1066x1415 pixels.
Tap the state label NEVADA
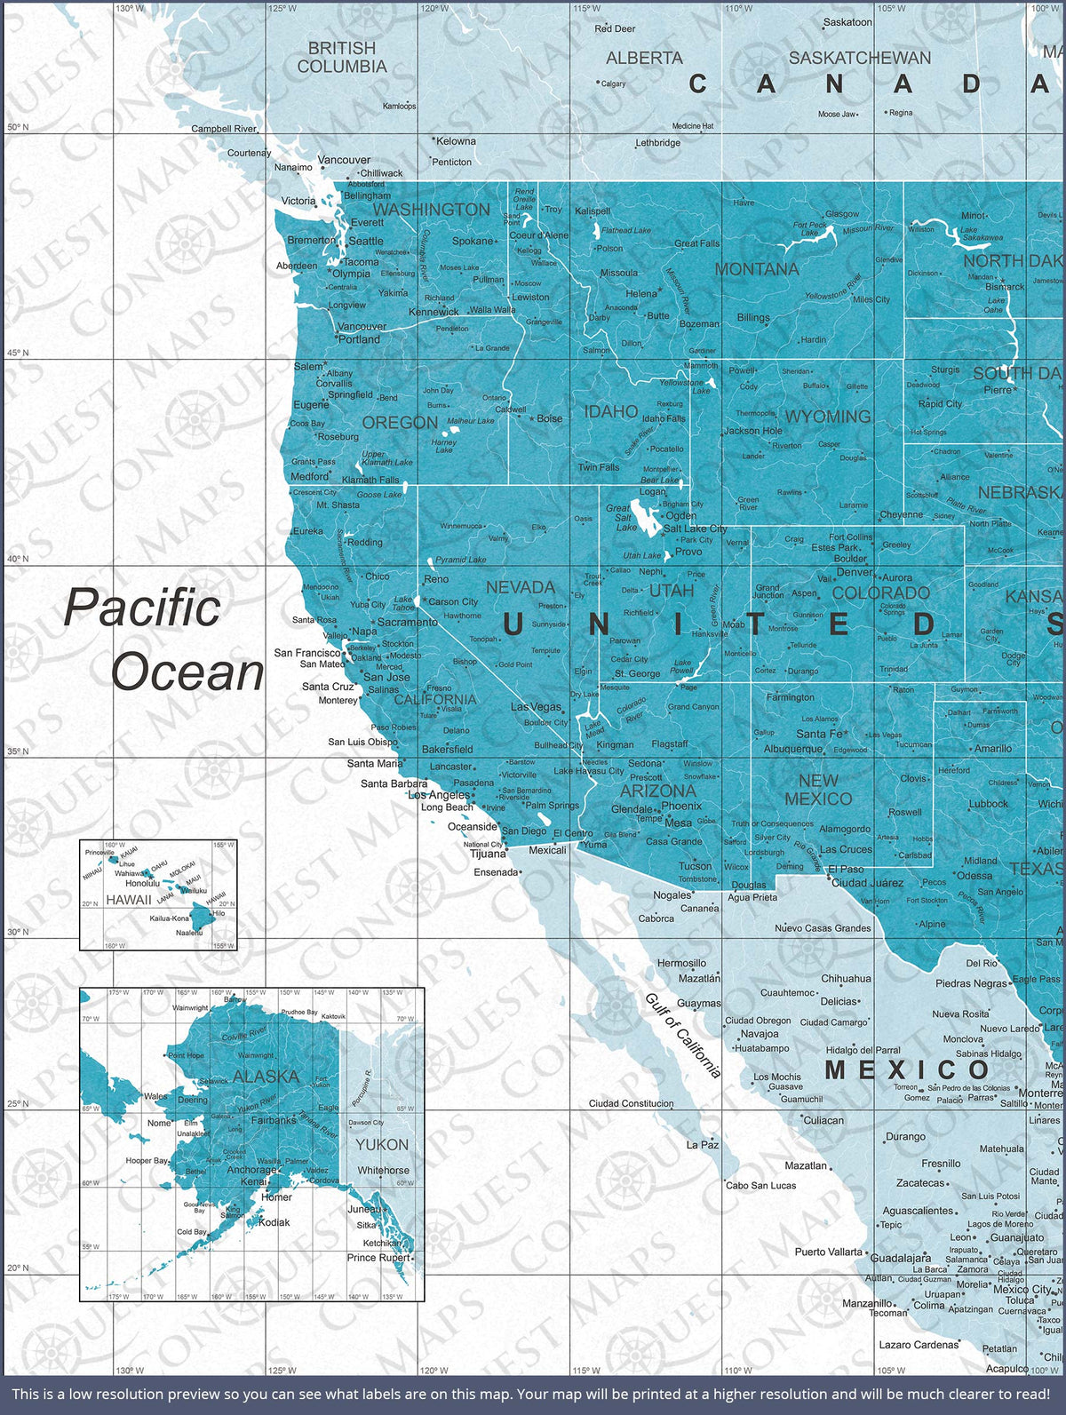(521, 588)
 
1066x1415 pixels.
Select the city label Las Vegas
(537, 707)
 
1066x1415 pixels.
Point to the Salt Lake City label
(696, 529)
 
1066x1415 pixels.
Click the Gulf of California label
(682, 1036)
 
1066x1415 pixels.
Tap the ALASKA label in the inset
(266, 1076)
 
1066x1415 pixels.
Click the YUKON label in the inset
(382, 1145)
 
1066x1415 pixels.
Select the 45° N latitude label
(17, 353)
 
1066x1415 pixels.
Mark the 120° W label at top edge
(434, 8)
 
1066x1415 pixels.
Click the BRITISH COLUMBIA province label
(342, 57)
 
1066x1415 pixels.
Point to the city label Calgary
(613, 83)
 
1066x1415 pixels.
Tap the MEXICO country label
(907, 1069)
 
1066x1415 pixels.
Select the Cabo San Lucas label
(761, 1185)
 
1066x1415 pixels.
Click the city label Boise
(549, 418)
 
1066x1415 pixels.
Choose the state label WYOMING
(827, 417)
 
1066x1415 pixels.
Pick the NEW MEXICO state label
(818, 790)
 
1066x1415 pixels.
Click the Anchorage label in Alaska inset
(251, 1170)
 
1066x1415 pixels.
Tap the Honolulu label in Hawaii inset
(142, 883)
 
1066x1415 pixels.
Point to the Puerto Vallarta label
(828, 1252)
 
